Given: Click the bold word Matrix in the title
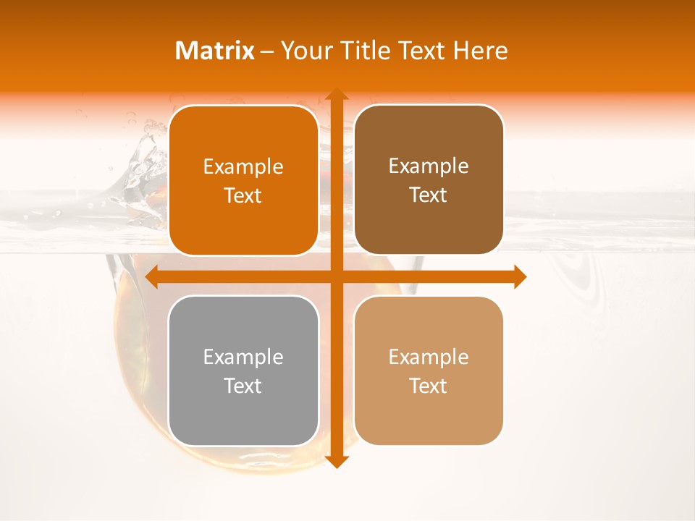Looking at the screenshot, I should click(215, 51).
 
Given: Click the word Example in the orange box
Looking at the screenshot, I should click(243, 167).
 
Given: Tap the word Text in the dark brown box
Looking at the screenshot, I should click(429, 195).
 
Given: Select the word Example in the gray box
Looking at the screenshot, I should click(243, 357).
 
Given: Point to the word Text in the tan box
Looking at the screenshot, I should click(429, 386).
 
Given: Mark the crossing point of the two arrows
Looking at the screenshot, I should click(336, 276).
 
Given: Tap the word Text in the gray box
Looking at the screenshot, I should click(243, 386).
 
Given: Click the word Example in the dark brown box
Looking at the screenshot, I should click(429, 166).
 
